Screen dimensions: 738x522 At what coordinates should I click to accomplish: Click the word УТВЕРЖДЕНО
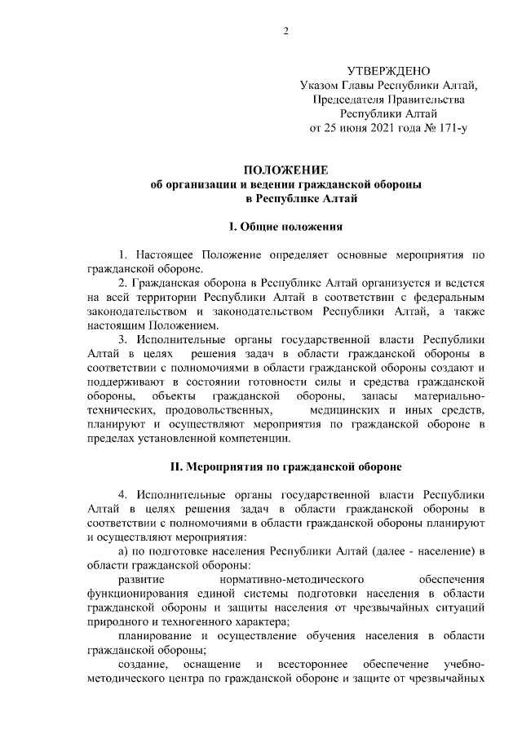[x=388, y=71]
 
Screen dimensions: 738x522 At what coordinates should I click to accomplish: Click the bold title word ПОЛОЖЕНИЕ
[x=285, y=170]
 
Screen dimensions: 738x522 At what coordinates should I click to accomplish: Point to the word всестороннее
[x=312, y=665]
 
